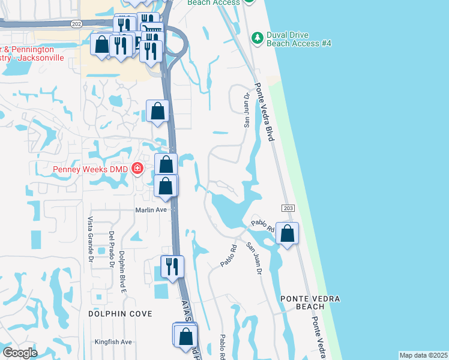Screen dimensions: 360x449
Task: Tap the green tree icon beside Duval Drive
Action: pos(258,38)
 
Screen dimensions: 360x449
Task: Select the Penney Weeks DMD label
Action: pos(91,169)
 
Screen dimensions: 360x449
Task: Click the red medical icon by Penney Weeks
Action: pos(137,169)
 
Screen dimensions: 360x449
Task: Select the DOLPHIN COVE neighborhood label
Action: pos(120,314)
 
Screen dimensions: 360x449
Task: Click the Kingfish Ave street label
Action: pos(113,342)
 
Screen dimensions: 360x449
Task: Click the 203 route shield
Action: pos(286,207)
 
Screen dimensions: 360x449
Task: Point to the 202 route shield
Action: pos(76,23)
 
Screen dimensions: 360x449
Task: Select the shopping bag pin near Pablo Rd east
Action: pos(288,234)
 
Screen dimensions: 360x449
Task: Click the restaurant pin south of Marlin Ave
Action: pos(172,267)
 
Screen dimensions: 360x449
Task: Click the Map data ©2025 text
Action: pos(423,355)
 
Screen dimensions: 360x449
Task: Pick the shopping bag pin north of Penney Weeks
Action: pos(157,112)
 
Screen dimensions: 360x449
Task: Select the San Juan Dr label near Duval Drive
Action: pos(246,110)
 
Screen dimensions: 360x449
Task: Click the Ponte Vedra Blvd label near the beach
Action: pos(265,112)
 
